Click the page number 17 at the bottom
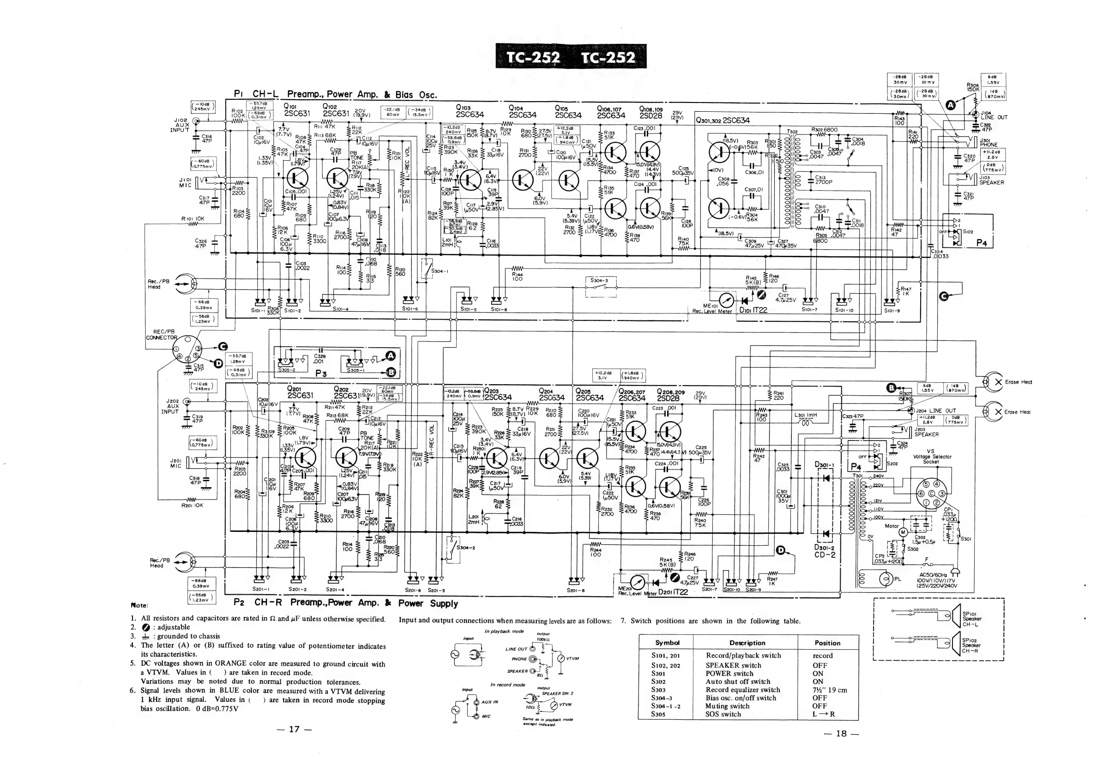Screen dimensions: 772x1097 click(x=294, y=729)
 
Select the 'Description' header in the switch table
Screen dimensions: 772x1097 click(x=747, y=643)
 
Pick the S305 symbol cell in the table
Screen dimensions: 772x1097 click(x=658, y=714)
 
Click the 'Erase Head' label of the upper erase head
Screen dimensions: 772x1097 click(x=1018, y=382)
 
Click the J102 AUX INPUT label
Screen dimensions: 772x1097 click(x=180, y=125)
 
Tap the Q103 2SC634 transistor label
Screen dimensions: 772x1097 click(x=470, y=111)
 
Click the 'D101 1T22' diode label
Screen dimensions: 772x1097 click(x=753, y=310)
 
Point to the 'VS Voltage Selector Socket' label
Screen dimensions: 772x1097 click(x=931, y=456)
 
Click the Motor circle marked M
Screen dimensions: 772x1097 click(x=903, y=532)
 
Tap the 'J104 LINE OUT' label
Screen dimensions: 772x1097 click(x=993, y=115)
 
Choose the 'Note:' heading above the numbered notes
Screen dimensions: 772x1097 click(x=139, y=605)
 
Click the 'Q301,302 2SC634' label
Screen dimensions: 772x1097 click(x=723, y=121)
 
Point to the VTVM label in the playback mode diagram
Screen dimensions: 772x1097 click(x=573, y=658)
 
